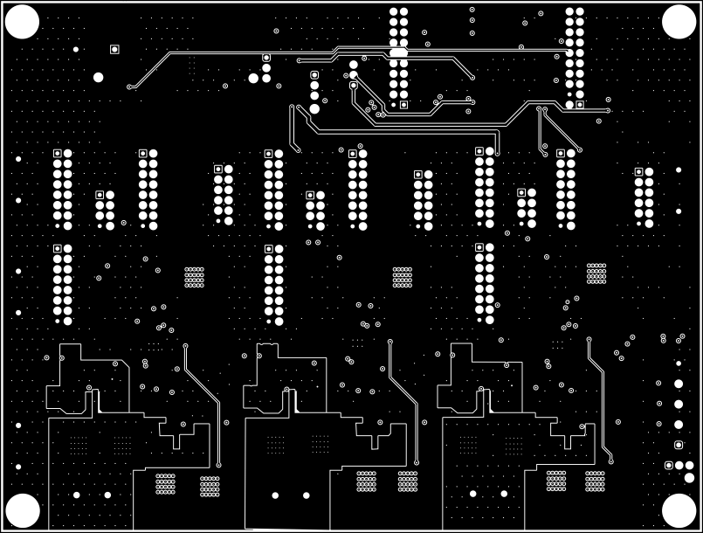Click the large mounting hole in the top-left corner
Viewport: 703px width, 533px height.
(x=23, y=22)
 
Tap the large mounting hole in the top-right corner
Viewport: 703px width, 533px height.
(x=679, y=22)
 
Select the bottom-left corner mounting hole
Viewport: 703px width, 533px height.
(x=23, y=510)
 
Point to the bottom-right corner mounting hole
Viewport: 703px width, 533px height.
(x=679, y=510)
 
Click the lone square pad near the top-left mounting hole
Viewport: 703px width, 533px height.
(x=114, y=49)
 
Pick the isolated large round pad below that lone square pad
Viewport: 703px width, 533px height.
(x=98, y=78)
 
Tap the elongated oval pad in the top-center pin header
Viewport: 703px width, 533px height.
(x=398, y=53)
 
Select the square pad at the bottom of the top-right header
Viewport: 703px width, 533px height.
(x=580, y=105)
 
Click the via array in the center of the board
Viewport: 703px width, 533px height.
(x=402, y=277)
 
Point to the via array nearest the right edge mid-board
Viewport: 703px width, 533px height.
(x=596, y=273)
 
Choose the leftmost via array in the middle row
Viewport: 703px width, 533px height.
(x=194, y=277)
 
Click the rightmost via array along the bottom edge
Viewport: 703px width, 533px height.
(x=595, y=481)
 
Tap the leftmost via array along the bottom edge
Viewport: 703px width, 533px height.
(x=165, y=483)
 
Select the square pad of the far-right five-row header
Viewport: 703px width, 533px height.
(x=638, y=172)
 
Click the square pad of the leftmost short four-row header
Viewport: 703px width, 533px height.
(x=100, y=195)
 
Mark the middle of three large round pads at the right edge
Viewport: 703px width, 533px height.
(x=679, y=405)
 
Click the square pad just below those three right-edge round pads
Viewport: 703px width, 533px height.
(x=679, y=445)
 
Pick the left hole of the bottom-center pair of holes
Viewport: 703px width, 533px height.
(x=274, y=496)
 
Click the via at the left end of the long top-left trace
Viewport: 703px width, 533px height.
(x=130, y=87)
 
